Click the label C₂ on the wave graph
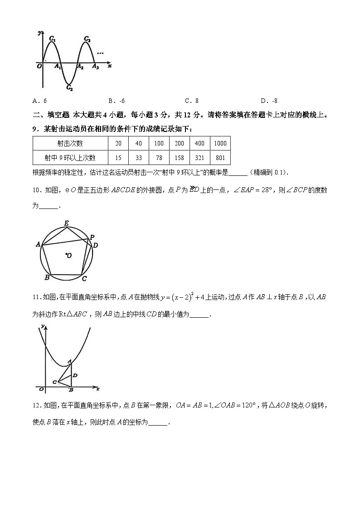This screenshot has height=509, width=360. tap(69, 88)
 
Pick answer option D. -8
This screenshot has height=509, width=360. tap(269, 101)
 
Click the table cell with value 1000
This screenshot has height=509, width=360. tap(220, 143)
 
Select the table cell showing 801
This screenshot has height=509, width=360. tap(220, 158)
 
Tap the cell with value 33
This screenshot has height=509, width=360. tap(138, 158)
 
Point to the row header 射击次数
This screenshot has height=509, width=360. tap(70, 143)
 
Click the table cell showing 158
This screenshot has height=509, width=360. tap(179, 158)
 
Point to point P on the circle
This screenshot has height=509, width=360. tap(92, 237)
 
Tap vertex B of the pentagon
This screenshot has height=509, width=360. tap(47, 277)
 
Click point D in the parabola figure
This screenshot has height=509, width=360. tap(75, 375)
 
